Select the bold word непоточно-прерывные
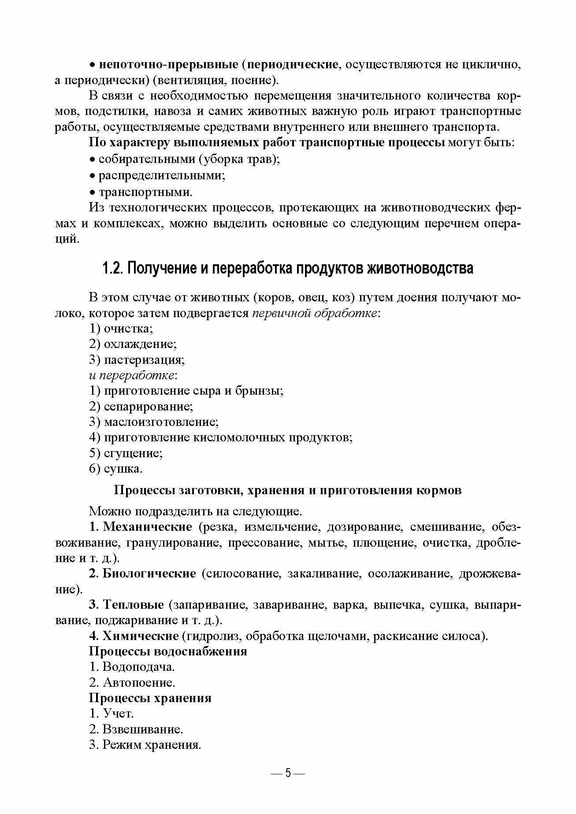coord(169,64)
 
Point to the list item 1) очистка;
coord(121,329)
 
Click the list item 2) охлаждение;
coord(133,344)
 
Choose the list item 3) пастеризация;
coord(137,360)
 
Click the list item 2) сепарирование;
coord(141,407)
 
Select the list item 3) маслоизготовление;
coord(154,422)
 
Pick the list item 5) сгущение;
coord(126,453)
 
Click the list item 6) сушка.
coord(116,469)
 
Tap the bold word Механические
coord(147,527)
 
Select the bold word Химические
coord(140,636)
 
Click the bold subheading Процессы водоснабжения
coord(168,651)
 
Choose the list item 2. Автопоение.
coord(132,683)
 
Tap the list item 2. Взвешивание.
coord(136,729)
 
